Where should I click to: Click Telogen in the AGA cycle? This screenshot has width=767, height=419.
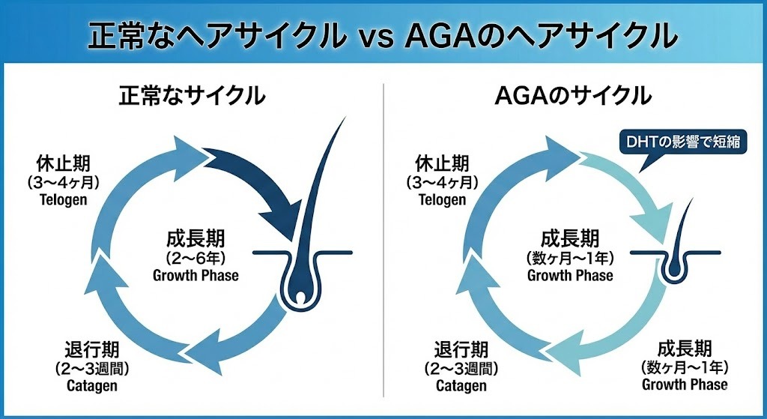click(x=442, y=199)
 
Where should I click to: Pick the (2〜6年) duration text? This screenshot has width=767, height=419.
click(x=195, y=258)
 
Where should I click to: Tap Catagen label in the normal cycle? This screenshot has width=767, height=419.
click(x=88, y=385)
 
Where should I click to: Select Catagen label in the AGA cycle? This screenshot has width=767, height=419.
click(x=461, y=385)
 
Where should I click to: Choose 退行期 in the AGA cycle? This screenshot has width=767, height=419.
click(x=461, y=349)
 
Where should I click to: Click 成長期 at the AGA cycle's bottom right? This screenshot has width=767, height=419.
click(x=684, y=349)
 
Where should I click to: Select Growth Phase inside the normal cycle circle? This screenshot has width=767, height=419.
click(x=195, y=275)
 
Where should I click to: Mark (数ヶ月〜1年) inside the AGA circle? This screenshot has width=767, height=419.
click(x=570, y=258)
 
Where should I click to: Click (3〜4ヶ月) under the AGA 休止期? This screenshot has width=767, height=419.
click(x=442, y=182)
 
